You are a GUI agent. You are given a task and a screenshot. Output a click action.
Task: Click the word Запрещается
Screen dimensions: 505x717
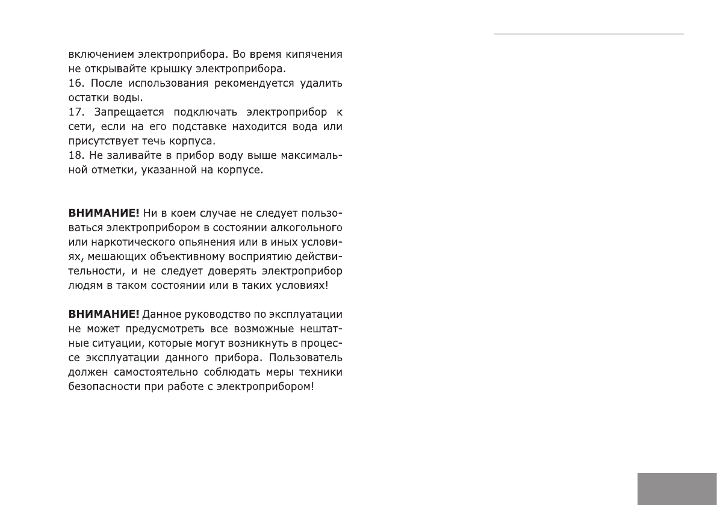pyautogui.click(x=123, y=112)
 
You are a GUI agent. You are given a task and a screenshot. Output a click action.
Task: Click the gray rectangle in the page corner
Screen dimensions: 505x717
pyautogui.click(x=677, y=488)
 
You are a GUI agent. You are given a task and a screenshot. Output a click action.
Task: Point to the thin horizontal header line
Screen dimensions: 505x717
pyautogui.click(x=589, y=34)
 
